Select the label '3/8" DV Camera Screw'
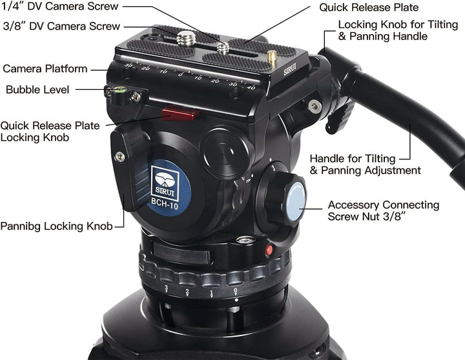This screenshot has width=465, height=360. [61, 26]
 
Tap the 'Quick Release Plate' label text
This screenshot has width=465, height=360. [369, 8]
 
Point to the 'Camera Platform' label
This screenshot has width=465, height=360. [45, 68]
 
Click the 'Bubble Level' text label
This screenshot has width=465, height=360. [37, 90]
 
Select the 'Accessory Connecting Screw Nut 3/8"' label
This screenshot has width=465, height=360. [383, 211]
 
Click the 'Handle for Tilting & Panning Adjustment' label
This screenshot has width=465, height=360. [365, 165]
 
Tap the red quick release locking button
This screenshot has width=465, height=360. [181, 114]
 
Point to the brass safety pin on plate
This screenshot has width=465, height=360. [272, 57]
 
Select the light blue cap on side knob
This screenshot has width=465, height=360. [296, 202]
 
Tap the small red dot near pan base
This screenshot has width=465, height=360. [269, 250]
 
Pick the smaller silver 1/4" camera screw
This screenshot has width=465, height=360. [223, 48]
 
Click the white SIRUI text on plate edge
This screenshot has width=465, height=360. [290, 66]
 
